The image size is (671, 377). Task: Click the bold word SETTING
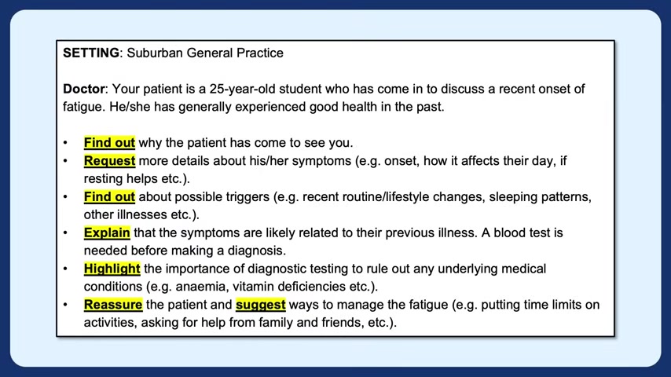pos(91,53)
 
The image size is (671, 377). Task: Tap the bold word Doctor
pos(84,89)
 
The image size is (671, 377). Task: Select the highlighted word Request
pos(109,161)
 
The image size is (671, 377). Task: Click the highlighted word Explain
pos(107,232)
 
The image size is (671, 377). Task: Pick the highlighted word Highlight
pos(112,269)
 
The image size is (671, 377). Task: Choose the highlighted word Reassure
pos(113,305)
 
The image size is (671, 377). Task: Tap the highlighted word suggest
pos(261,305)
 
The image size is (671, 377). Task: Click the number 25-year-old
pos(242,89)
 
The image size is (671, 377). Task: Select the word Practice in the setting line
pos(260,53)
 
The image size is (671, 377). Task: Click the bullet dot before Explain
pos(65,233)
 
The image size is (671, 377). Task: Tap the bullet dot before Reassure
pos(65,305)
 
